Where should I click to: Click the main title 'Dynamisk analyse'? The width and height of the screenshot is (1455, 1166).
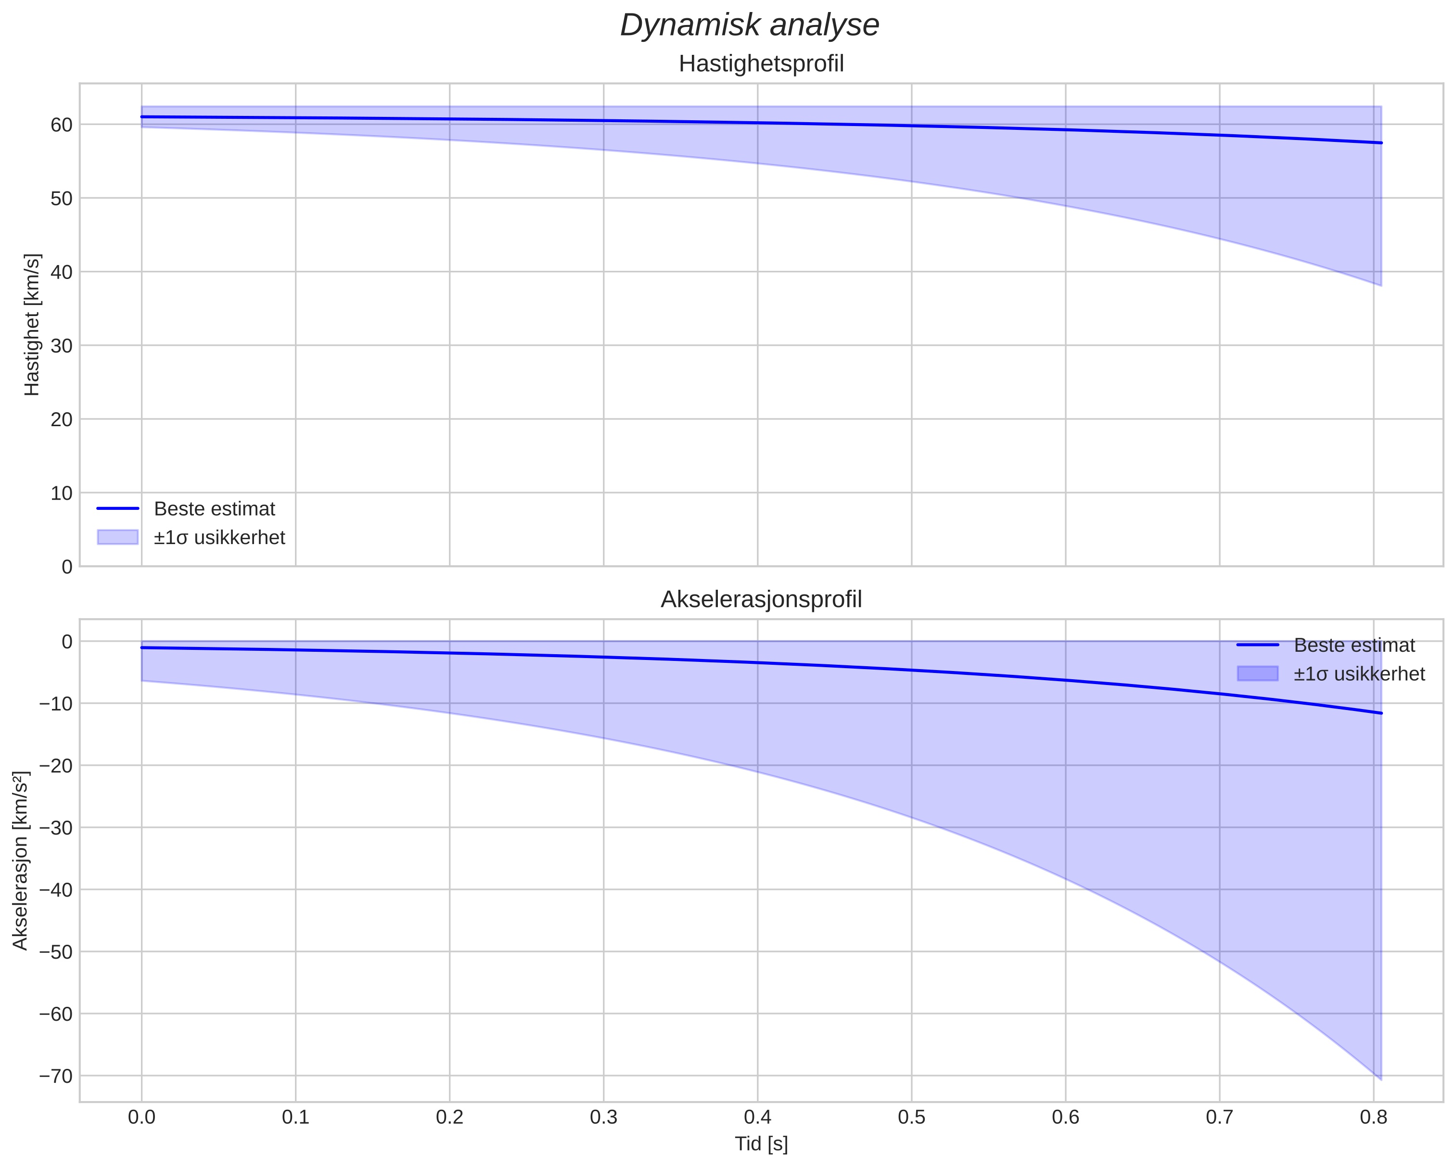(x=750, y=25)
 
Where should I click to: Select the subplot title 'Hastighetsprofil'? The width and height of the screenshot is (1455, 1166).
(x=761, y=64)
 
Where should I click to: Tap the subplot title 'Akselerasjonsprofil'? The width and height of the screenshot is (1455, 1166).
(x=761, y=599)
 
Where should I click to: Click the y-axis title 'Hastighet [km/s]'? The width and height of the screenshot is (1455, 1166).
(x=32, y=325)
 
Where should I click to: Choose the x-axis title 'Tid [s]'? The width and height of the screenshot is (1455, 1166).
(x=761, y=1144)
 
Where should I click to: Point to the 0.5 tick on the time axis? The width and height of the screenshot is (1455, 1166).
(x=911, y=1117)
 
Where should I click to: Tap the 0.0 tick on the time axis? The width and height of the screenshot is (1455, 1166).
(x=142, y=1117)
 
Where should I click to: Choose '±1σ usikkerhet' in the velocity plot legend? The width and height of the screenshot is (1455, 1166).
(x=219, y=537)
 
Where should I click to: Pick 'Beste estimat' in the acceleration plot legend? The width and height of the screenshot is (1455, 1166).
(x=1354, y=645)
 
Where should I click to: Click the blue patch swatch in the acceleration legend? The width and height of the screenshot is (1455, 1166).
(x=1257, y=673)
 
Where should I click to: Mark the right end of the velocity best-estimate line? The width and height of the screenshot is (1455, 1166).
(x=1381, y=142)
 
